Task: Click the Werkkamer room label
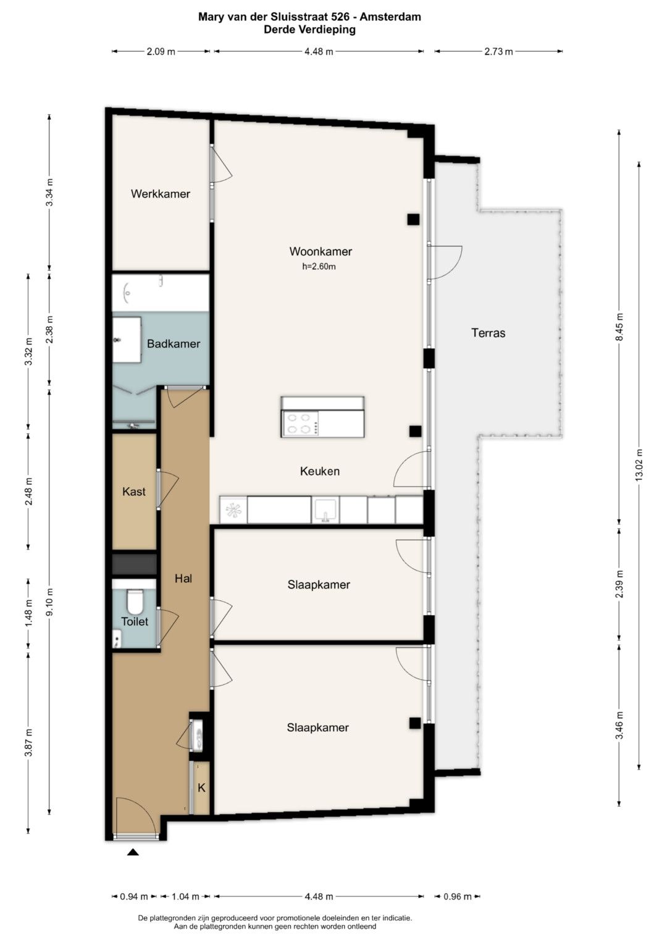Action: click(161, 194)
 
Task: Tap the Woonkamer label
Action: click(321, 251)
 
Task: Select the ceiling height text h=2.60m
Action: click(319, 267)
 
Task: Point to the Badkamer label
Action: click(174, 343)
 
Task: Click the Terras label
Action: click(489, 333)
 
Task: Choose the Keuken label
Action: click(320, 471)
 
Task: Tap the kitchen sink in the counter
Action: click(325, 510)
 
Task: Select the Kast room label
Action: click(134, 492)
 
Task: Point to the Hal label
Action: click(183, 579)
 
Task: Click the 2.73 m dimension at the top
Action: click(498, 52)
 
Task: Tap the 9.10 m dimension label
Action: click(49, 602)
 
